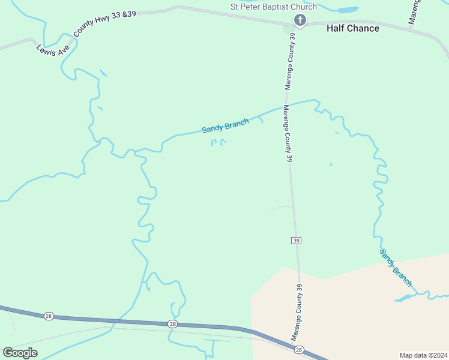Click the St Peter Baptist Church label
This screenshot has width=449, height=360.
click(274, 7)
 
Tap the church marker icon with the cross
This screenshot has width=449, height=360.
click(300, 21)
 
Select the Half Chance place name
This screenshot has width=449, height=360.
click(352, 28)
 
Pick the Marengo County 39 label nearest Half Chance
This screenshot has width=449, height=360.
click(291, 61)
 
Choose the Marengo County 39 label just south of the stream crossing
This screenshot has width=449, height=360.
click(288, 133)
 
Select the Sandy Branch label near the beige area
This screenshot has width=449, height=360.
click(396, 267)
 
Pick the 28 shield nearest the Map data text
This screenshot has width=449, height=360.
click(300, 349)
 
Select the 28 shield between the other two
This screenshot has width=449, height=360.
click(173, 324)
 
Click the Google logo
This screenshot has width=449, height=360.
click(20, 352)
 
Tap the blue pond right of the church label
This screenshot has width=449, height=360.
click(348, 10)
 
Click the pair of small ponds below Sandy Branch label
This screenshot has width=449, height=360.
click(218, 143)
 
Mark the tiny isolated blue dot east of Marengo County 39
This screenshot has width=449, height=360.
click(331, 164)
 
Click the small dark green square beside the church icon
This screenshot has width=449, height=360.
click(288, 28)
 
